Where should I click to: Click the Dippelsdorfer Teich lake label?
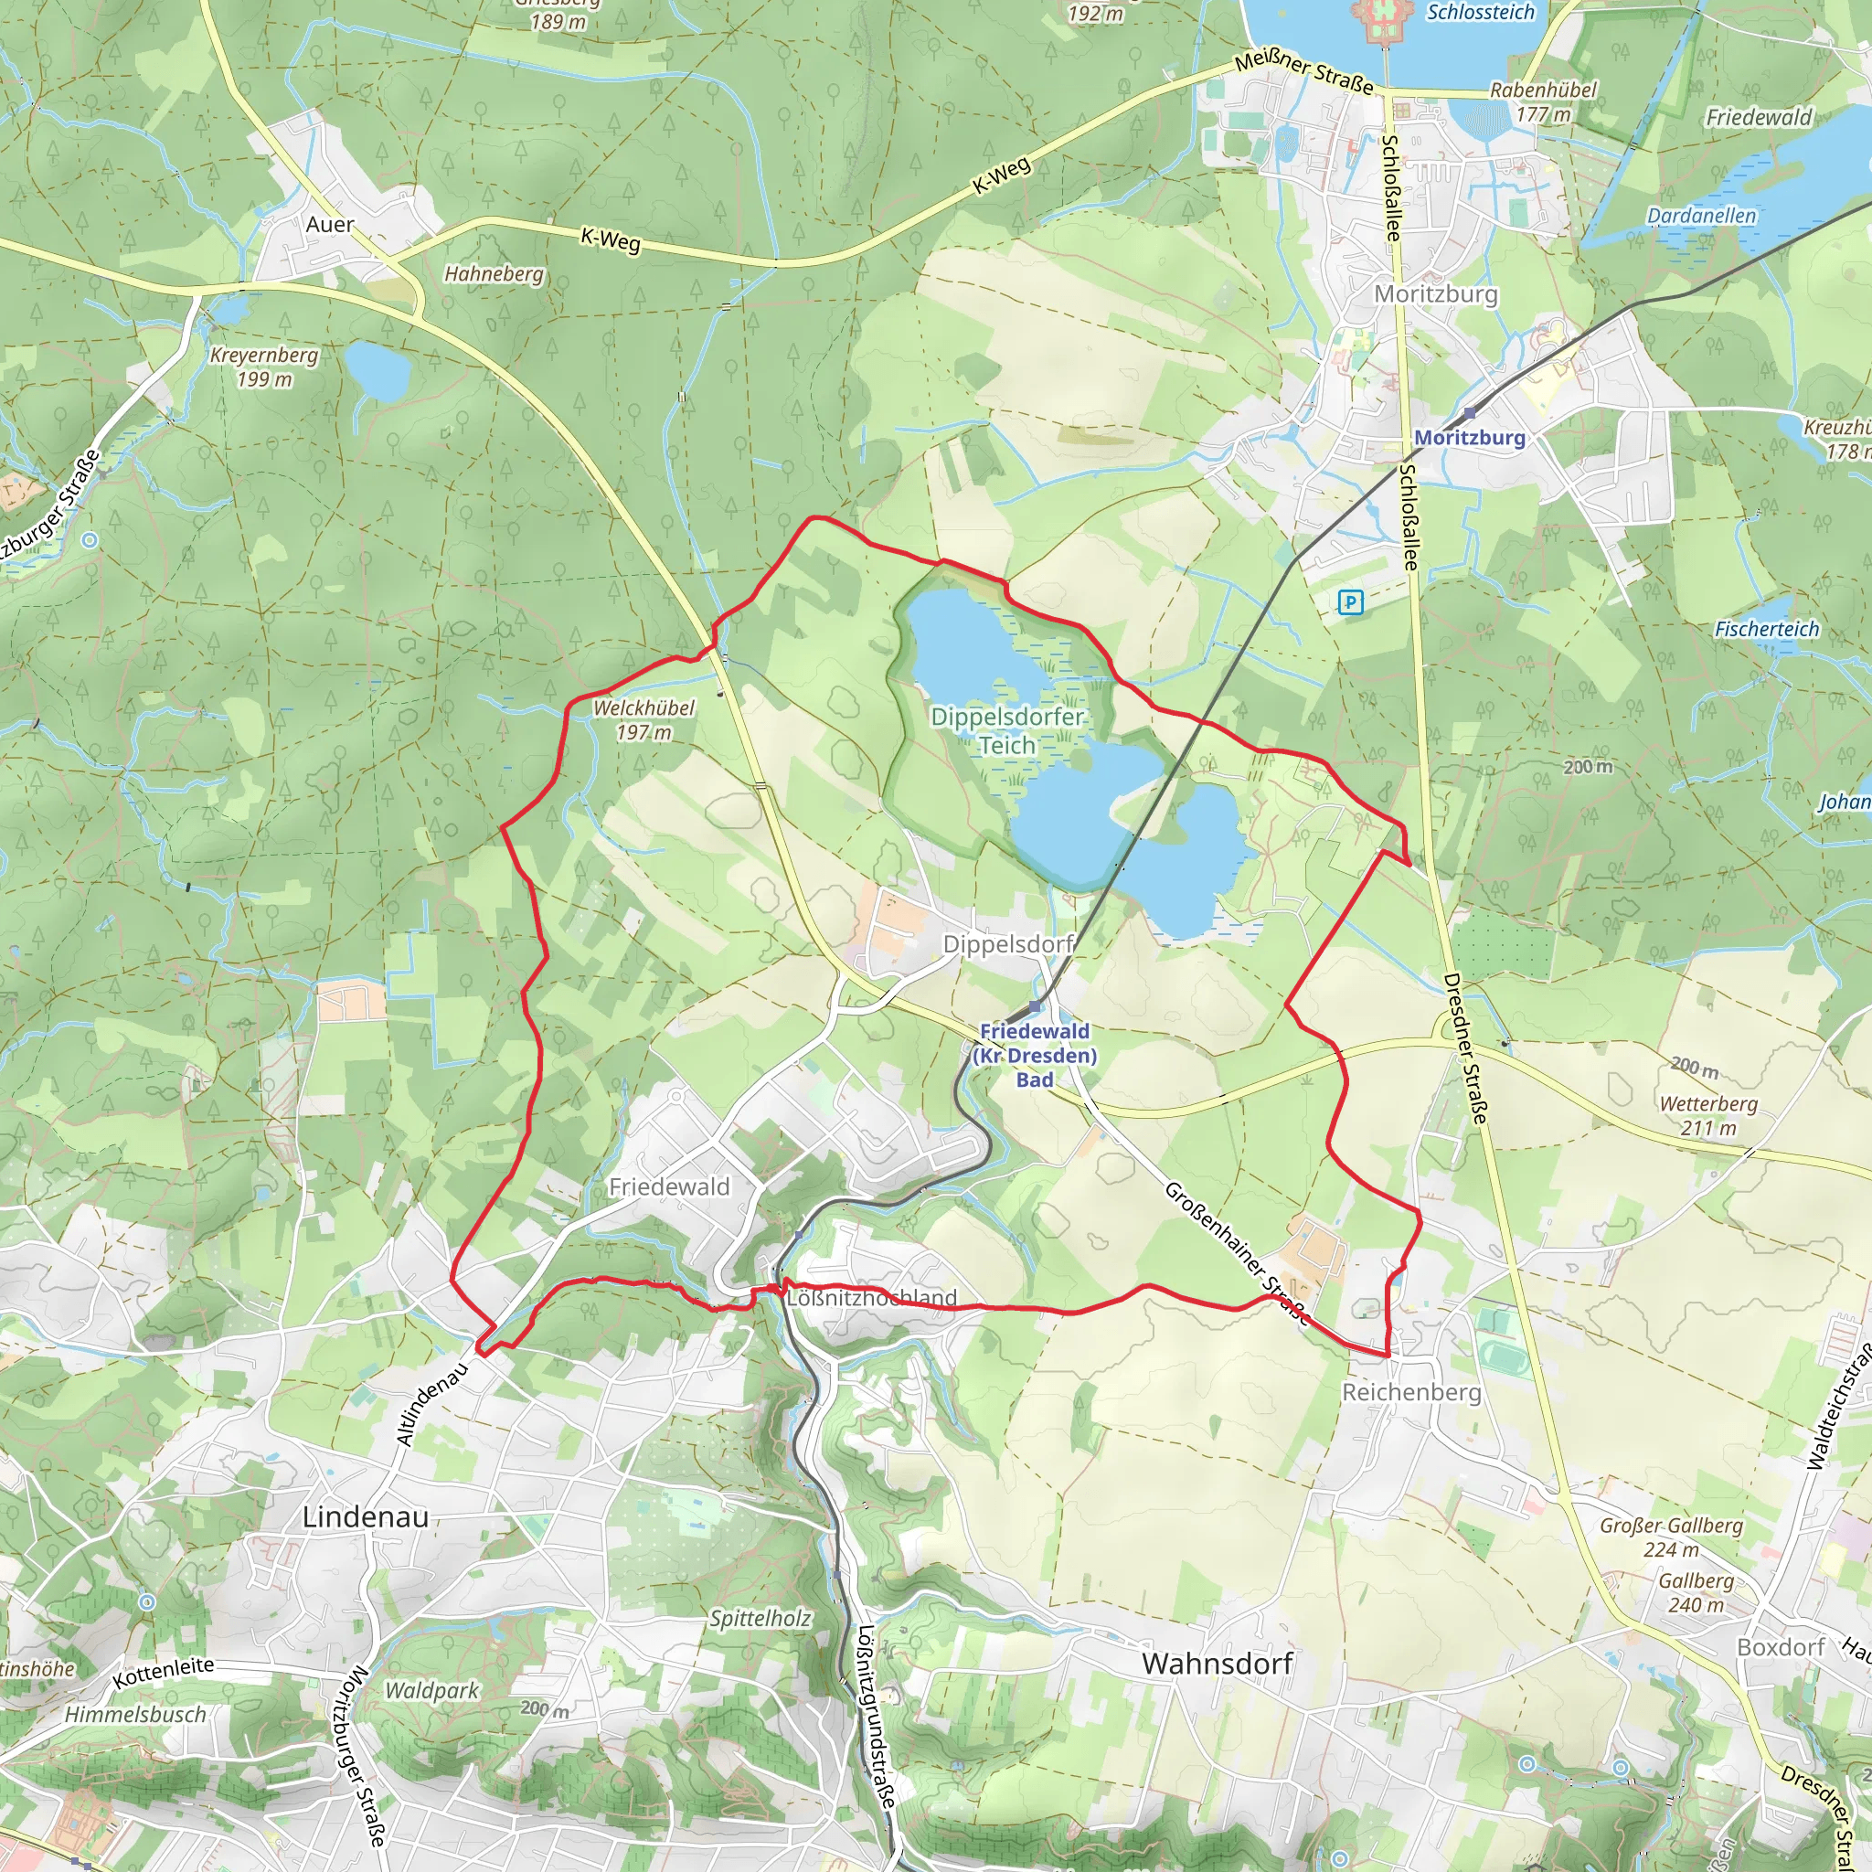pos(1006,730)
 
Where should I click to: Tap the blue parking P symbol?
pos(1350,602)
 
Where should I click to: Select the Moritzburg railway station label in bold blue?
pos(1469,437)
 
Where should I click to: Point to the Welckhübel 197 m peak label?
pos(643,720)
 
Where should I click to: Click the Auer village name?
pos(329,225)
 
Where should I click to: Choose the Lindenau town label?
pos(366,1516)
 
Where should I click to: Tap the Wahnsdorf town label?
pos(1217,1664)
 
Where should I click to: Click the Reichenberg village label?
pos(1410,1392)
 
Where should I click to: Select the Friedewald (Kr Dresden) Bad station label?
pos(1035,1055)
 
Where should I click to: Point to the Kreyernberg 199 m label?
pos(263,367)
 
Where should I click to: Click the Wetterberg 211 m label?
pos(1708,1115)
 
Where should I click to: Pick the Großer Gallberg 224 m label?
pos(1672,1537)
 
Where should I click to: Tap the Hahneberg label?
pos(495,274)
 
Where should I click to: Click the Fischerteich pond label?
pos(1768,629)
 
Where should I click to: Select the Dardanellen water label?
pos(1701,215)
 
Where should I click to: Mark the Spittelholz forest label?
pos(760,1618)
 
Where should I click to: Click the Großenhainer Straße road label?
pos(1237,1253)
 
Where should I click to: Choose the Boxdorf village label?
pos(1781,1647)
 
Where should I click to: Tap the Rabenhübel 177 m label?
pos(1543,101)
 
